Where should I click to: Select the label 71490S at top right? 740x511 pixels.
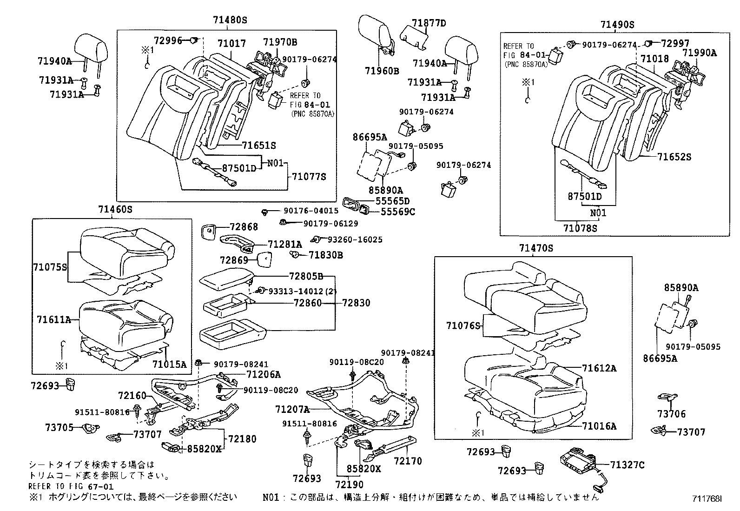[617, 25]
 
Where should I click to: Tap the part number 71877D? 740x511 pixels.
[429, 23]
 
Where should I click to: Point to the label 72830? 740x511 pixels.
[356, 303]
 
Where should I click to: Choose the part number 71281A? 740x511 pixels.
[284, 245]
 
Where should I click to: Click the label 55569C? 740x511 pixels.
[398, 212]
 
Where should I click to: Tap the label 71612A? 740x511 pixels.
[599, 368]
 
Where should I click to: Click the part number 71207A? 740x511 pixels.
[292, 409]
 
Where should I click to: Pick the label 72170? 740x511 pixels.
[408, 461]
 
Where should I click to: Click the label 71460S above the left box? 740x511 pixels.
[115, 210]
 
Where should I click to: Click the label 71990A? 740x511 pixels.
[700, 53]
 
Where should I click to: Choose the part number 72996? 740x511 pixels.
[168, 41]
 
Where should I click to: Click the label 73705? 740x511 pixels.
[59, 427]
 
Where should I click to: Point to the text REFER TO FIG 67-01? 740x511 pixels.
[71, 486]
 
